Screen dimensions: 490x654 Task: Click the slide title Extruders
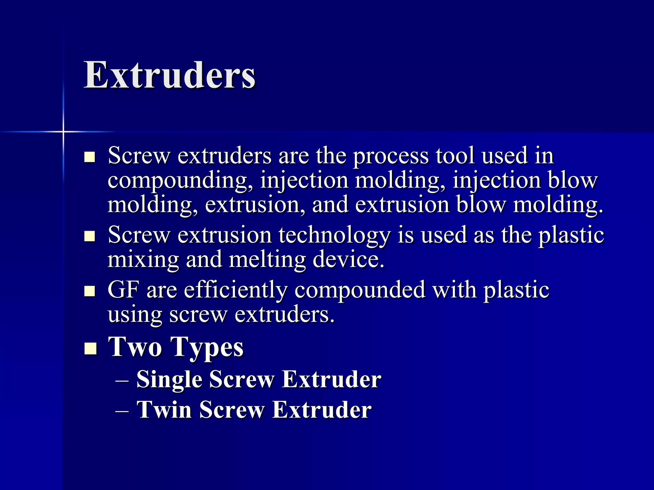click(170, 75)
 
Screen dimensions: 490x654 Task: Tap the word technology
click(334, 235)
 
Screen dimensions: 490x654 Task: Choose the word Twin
click(164, 410)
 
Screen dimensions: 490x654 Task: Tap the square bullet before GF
click(90, 291)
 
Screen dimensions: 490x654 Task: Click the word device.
click(348, 259)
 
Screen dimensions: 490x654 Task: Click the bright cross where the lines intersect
click(63, 131)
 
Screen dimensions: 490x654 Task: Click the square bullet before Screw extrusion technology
click(90, 236)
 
